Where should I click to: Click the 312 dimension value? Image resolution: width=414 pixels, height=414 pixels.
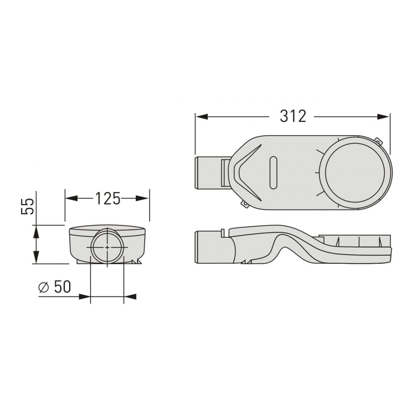tap(293, 116)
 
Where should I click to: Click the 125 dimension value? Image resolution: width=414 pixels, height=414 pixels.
tap(108, 199)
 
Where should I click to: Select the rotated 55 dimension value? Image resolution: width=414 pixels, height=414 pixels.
tap(28, 206)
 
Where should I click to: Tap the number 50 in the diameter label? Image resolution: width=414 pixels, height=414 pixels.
tap(63, 287)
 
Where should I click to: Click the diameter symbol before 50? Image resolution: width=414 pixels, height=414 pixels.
tap(43, 287)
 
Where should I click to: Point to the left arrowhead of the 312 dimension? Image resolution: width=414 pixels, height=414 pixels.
tap(202, 117)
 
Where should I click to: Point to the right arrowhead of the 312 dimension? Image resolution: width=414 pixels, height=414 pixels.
tap(383, 117)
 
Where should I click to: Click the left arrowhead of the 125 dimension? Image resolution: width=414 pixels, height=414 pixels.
tap(72, 198)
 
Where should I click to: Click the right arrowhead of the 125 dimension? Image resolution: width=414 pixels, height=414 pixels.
tap(142, 198)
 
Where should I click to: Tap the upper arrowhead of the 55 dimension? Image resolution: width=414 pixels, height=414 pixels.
tap(36, 231)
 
